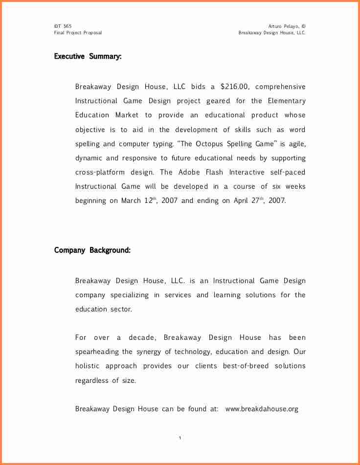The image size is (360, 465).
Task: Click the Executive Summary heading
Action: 88,57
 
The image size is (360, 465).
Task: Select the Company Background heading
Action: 92,250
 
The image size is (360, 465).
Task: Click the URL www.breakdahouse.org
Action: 262,409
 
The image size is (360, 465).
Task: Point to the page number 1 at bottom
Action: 180,438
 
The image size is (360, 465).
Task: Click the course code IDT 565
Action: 63,26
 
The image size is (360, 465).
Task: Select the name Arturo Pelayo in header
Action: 283,26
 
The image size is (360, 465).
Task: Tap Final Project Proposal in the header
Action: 78,33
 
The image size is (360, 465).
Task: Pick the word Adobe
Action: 189,172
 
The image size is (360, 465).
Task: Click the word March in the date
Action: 131,201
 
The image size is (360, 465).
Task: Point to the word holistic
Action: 88,366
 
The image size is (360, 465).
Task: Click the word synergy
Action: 148,352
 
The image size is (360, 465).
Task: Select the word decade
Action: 142,337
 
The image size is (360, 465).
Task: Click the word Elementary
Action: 286,101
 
